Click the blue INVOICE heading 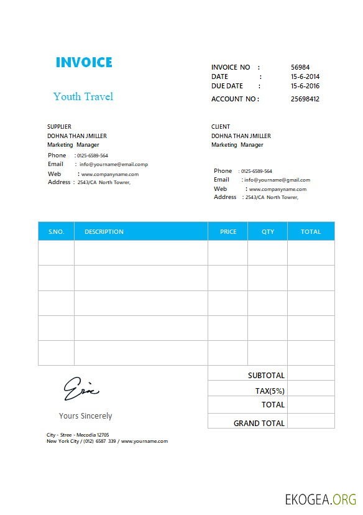pos(84,62)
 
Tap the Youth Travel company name pos(83,96)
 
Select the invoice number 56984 pos(300,67)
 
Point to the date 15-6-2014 pos(305,77)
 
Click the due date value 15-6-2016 pos(305,86)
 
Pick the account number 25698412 pos(305,99)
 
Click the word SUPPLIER pos(59,127)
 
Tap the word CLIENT pos(221,127)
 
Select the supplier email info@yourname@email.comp pos(114,165)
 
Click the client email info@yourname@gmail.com pos(277,180)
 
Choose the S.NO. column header pos(56,232)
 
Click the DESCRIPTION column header pos(104,232)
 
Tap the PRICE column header pos(228,232)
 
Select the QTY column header pos(268,232)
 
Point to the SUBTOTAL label pos(266,376)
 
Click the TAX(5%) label pos(270,391)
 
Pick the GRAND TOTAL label pos(259,423)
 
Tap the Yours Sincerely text pos(86,416)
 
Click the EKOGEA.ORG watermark pos(321,499)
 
